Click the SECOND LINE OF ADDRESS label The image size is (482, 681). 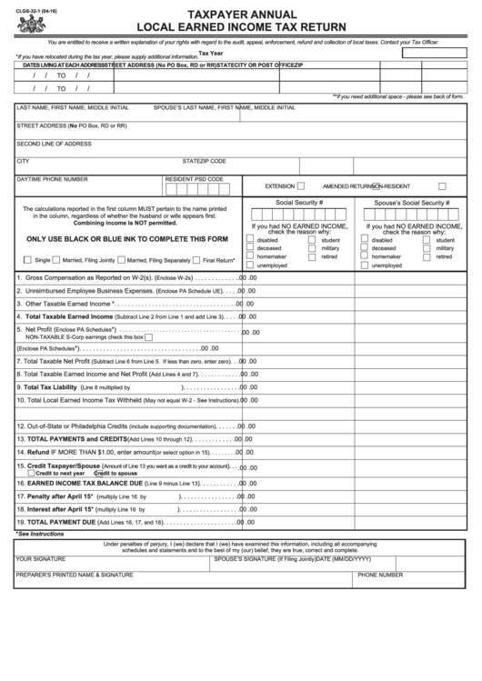pos(54,144)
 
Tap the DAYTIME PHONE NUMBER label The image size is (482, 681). pos(52,179)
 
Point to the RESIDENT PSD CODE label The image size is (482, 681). pos(194,179)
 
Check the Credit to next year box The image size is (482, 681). pos(30,473)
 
